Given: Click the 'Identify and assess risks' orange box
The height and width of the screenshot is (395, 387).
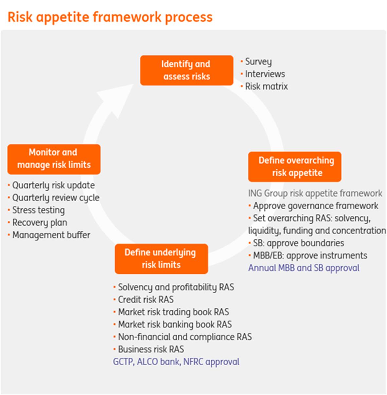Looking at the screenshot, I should click(x=187, y=70).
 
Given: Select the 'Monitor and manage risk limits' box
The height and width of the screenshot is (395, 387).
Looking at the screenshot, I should click(x=54, y=159).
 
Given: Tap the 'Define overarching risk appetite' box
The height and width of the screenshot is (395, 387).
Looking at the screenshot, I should click(x=295, y=166).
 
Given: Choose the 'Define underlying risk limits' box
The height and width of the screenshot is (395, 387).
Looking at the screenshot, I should click(x=161, y=258).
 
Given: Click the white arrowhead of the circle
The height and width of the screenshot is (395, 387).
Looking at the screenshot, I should click(x=113, y=98).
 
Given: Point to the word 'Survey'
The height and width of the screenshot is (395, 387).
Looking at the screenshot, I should click(x=258, y=62).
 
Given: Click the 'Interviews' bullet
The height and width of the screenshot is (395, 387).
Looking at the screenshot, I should click(x=265, y=74).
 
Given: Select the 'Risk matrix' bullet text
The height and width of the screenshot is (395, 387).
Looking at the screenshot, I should click(x=266, y=86).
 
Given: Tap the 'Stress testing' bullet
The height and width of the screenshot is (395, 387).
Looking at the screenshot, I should click(x=38, y=210).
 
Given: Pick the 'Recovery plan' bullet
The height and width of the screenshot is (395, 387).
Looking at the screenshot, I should click(x=40, y=222).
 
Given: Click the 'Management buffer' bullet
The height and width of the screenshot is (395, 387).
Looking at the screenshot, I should click(x=51, y=235).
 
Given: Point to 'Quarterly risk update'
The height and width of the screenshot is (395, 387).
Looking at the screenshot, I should click(x=53, y=185).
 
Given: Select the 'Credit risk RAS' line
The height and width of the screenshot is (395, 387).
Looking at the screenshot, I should click(x=146, y=299).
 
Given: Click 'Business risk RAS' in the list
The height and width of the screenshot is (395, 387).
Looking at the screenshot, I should click(x=151, y=349).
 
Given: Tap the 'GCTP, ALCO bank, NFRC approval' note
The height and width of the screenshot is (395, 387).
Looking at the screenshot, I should click(x=176, y=362).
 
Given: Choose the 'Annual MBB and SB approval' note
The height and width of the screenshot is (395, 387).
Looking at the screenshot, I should click(x=304, y=268).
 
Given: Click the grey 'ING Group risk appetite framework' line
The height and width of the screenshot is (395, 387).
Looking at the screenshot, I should click(x=315, y=193).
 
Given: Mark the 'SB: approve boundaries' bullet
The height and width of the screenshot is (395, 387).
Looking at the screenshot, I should click(x=298, y=243).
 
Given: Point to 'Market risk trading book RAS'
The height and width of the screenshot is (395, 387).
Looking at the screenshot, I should click(x=173, y=312).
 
